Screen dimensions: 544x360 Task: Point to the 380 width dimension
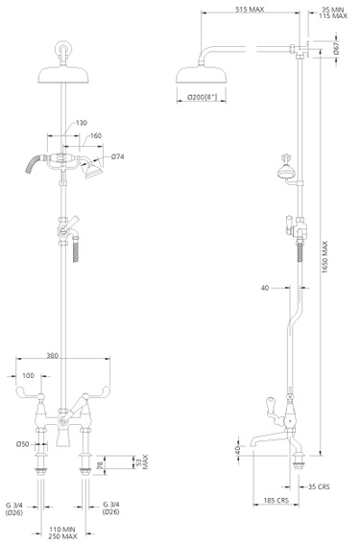point(63,355)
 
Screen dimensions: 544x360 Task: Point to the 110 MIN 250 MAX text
point(63,532)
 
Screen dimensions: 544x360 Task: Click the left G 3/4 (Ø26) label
point(18,508)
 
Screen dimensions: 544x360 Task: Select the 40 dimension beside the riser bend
point(264,286)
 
